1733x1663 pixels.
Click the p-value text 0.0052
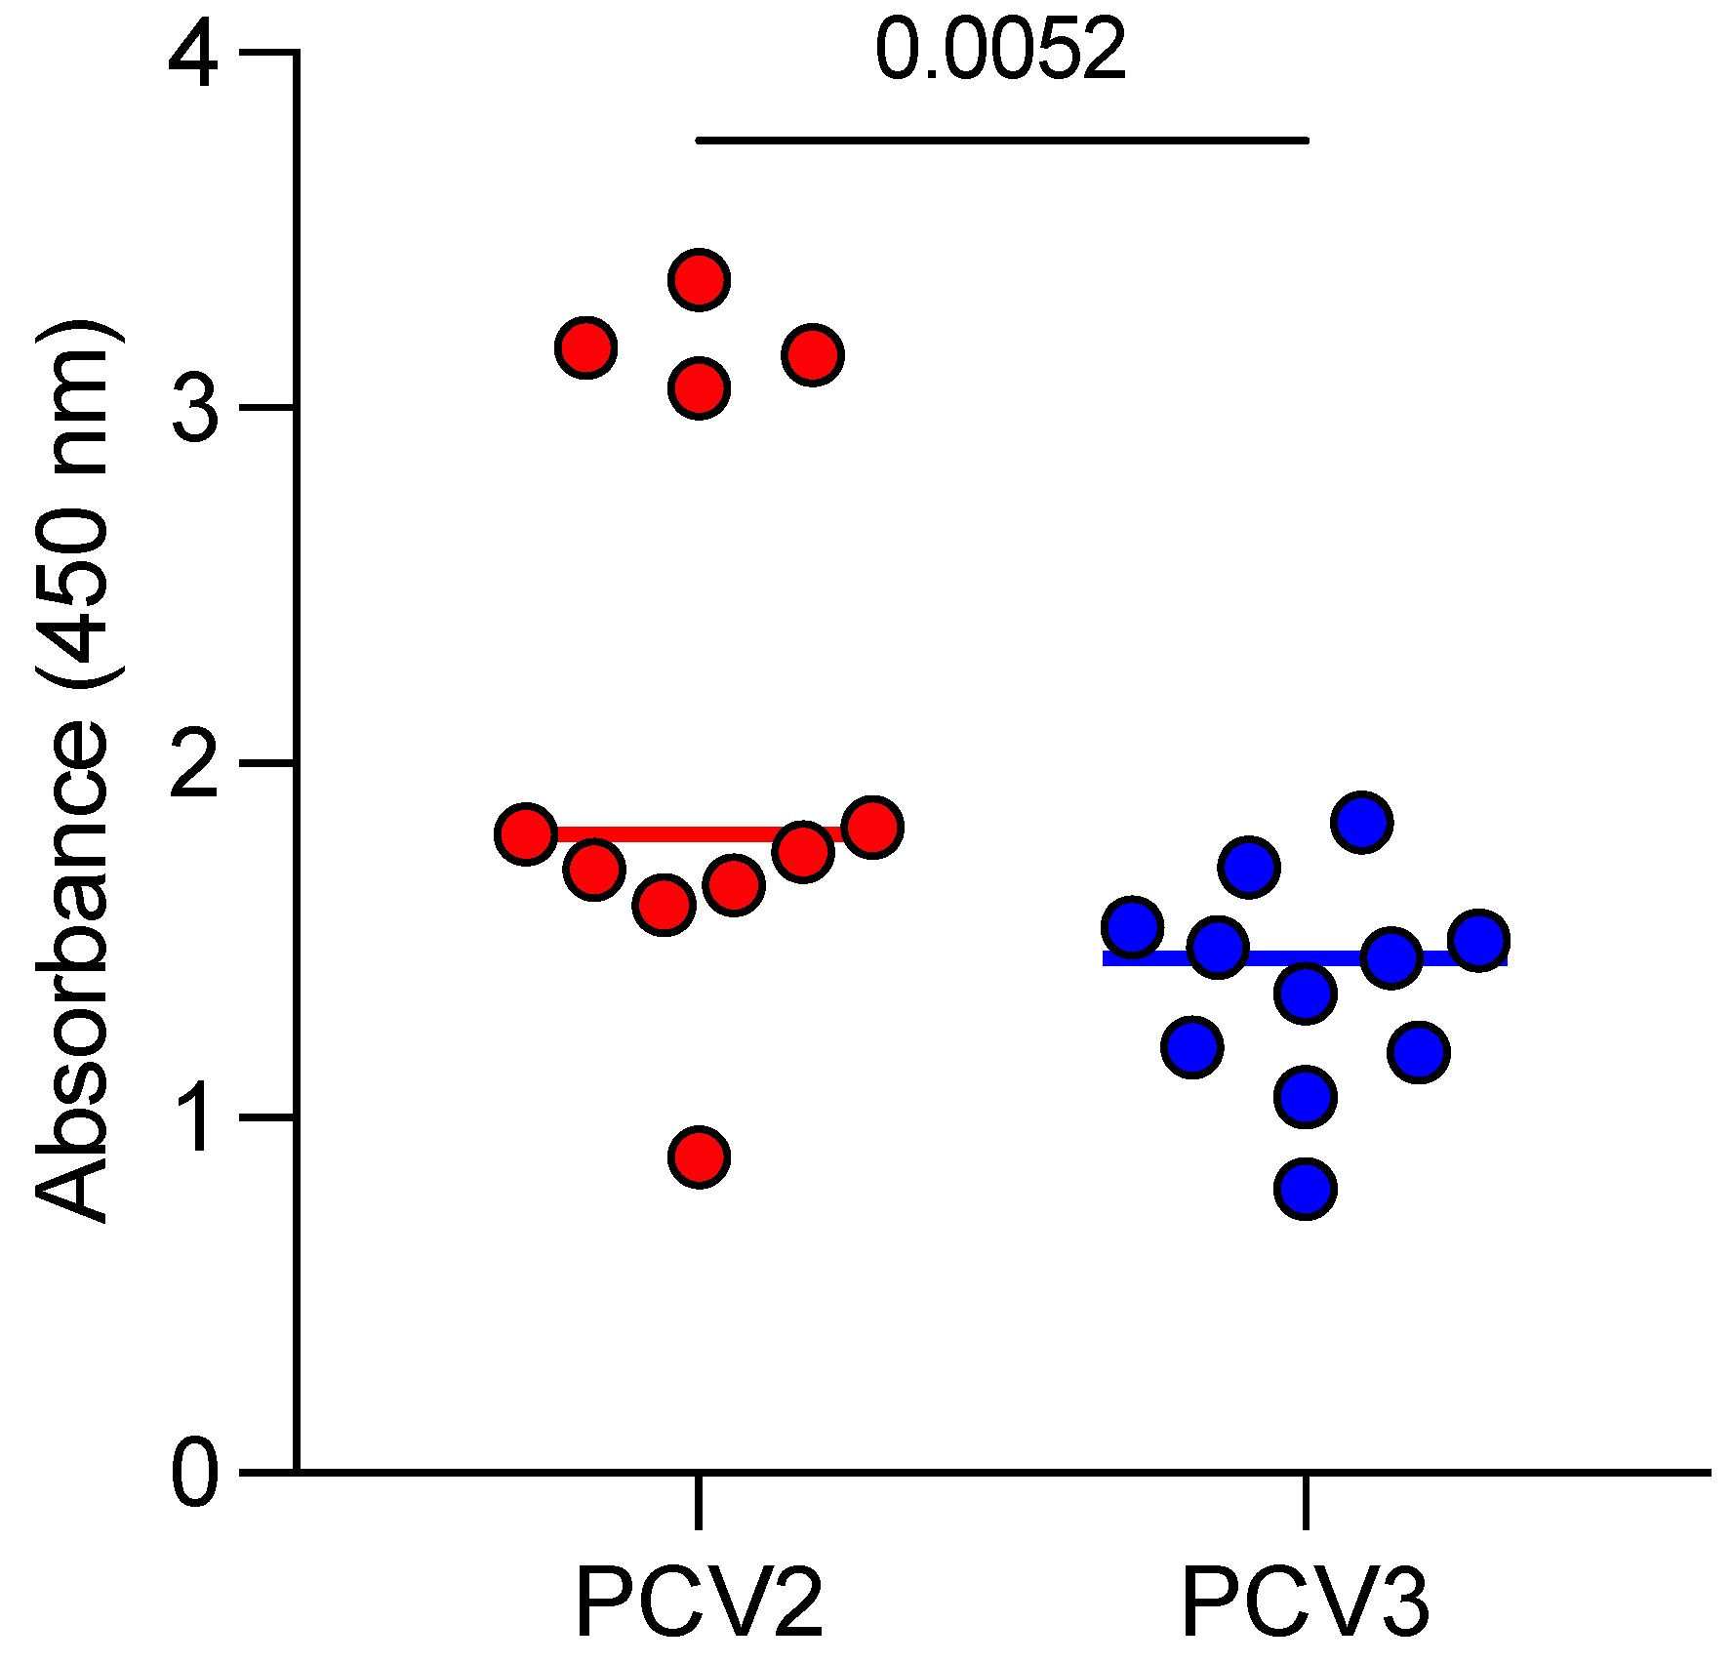click(1000, 51)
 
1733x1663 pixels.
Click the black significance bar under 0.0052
click(1001, 141)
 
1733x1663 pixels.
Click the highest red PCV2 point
click(699, 280)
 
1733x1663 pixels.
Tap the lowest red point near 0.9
click(699, 1157)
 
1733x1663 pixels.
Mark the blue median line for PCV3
click(1305, 959)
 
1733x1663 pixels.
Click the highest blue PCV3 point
click(1361, 822)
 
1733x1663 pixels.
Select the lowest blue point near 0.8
click(1305, 1189)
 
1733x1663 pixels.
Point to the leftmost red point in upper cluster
click(585, 347)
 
